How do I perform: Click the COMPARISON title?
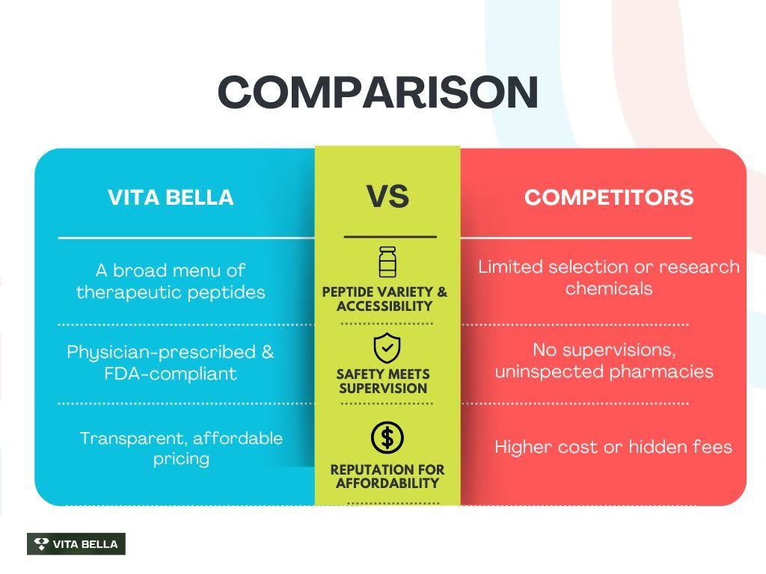378,92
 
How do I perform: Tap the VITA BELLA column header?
171,197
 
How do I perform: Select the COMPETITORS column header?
609,197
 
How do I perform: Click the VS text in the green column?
387,197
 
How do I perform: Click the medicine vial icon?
387,262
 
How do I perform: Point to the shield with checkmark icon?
387,348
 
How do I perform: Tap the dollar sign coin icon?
387,437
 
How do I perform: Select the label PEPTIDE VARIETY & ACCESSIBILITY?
384,299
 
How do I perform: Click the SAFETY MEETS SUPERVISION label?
383,381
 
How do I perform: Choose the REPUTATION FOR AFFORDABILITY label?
387,476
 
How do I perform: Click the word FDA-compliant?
171,374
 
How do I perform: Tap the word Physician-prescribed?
162,353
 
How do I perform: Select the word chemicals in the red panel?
609,288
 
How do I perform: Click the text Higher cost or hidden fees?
613,447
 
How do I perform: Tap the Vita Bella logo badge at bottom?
76,544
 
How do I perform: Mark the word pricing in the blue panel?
181,459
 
